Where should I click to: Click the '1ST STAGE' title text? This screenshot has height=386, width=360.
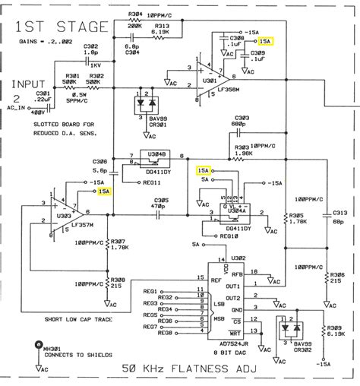point(58,28)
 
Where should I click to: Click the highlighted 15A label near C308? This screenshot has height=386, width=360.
point(265,41)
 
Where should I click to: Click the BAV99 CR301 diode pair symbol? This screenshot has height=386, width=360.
point(144,102)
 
